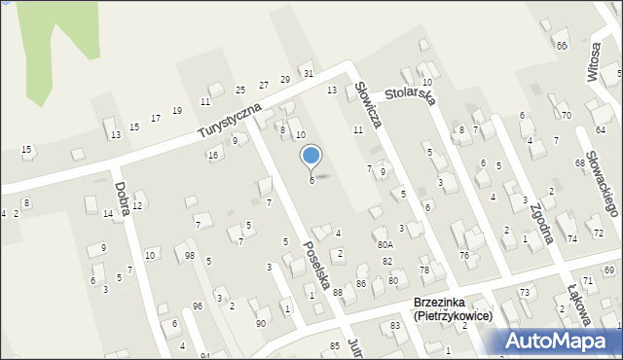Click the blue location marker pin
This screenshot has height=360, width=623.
click(x=311, y=156)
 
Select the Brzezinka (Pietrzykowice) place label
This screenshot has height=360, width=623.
click(x=453, y=309)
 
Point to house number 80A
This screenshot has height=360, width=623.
click(x=385, y=245)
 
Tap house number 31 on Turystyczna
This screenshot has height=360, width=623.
click(x=308, y=73)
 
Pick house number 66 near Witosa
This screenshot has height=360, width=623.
click(x=562, y=46)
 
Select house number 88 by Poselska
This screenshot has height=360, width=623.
click(x=337, y=292)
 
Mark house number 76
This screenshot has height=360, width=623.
click(x=464, y=255)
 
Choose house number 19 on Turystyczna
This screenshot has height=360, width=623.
click(x=176, y=110)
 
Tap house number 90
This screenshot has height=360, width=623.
click(x=260, y=323)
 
